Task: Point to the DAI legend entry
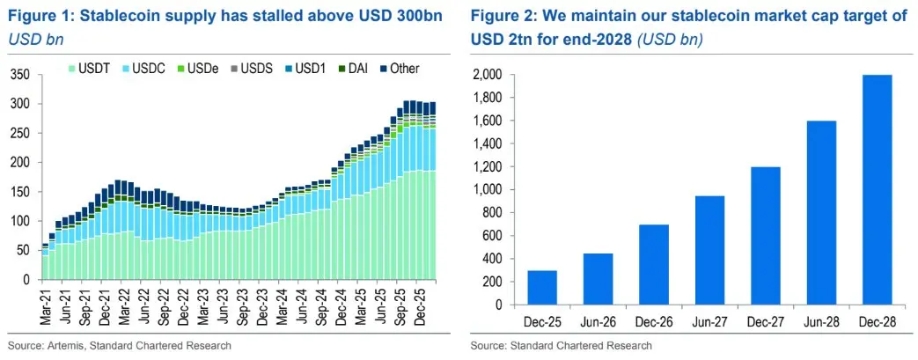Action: point(360,68)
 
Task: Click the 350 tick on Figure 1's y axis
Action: point(20,75)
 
